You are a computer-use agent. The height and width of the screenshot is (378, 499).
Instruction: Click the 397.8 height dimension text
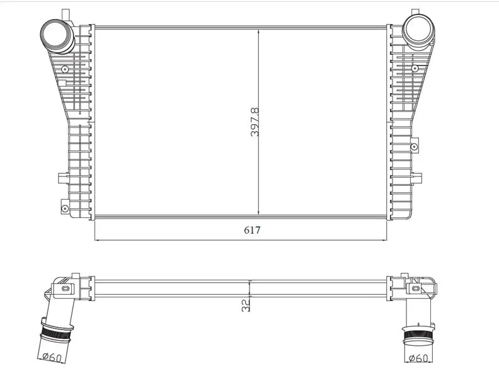tap(255, 122)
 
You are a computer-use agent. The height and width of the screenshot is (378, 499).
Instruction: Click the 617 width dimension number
tap(252, 230)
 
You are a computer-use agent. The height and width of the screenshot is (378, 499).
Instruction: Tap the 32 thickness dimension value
tap(245, 306)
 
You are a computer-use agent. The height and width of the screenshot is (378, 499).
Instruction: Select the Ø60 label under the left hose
tap(52, 357)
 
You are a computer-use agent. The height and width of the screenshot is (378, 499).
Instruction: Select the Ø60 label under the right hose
tap(418, 358)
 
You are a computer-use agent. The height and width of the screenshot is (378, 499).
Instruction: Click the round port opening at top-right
tap(418, 28)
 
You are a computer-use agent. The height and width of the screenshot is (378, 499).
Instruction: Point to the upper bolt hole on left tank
tap(65, 69)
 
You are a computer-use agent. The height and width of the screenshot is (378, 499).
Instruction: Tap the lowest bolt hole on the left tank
tap(65, 209)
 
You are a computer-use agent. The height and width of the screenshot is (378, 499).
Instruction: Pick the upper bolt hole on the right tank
tap(415, 68)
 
